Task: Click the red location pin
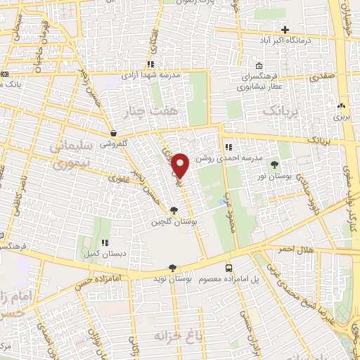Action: pyautogui.click(x=181, y=166)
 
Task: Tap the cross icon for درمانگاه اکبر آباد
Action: pyautogui.click(x=285, y=30)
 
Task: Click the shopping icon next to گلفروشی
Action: pyautogui.click(x=113, y=132)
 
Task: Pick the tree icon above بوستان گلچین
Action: pyautogui.click(x=174, y=210)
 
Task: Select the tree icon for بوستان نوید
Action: pyautogui.click(x=172, y=266)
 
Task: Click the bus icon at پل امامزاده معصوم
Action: pyautogui.click(x=229, y=267)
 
